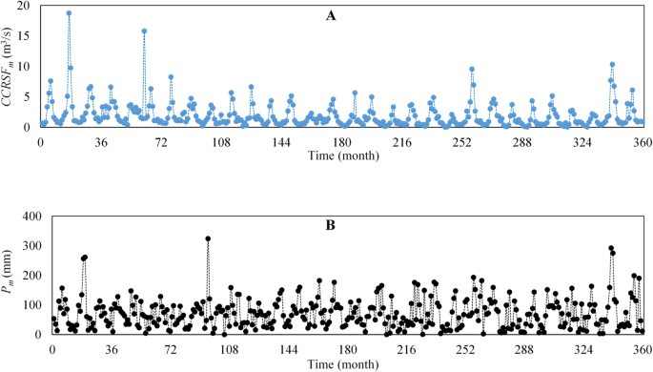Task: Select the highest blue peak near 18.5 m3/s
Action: tap(69, 13)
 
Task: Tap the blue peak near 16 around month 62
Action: tap(144, 31)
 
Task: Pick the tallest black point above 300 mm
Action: tap(208, 238)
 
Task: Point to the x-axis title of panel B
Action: tap(347, 364)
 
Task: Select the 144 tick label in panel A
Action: tap(281, 140)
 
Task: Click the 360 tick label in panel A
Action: tap(643, 140)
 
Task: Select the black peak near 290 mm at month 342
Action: tap(611, 248)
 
